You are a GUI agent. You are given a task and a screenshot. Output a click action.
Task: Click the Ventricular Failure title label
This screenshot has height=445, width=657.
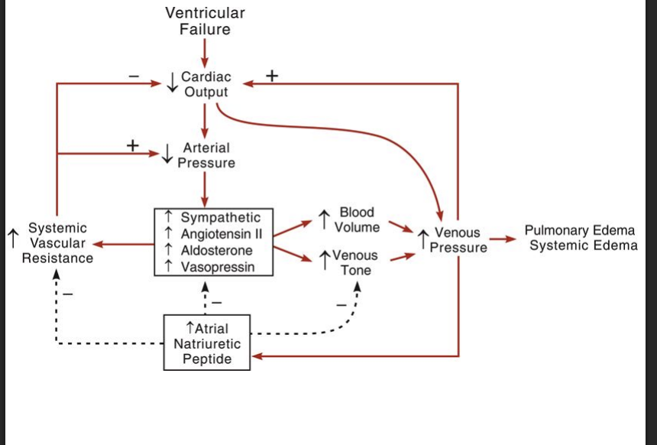pyautogui.click(x=206, y=21)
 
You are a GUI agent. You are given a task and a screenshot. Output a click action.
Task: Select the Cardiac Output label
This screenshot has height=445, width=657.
pyautogui.click(x=206, y=84)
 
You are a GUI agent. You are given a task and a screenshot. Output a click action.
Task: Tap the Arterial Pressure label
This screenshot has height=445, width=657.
pyautogui.click(x=206, y=155)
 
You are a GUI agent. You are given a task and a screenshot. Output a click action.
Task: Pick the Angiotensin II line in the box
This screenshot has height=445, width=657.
pyautogui.click(x=221, y=234)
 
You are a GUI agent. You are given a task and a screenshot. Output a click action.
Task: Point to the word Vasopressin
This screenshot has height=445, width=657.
pyautogui.click(x=217, y=266)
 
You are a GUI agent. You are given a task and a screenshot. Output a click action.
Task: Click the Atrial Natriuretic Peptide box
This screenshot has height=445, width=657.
pyautogui.click(x=207, y=343)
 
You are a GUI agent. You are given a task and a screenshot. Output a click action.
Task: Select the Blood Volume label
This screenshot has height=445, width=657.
pyautogui.click(x=357, y=219)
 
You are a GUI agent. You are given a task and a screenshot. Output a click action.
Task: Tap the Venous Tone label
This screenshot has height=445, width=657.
pyautogui.click(x=355, y=262)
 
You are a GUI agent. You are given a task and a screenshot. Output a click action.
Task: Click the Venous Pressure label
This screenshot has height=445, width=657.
pyautogui.click(x=457, y=240)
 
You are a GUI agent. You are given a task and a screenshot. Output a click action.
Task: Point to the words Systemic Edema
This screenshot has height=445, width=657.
pyautogui.click(x=583, y=245)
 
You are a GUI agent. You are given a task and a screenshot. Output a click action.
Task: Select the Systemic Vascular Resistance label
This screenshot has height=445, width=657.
pyautogui.click(x=57, y=242)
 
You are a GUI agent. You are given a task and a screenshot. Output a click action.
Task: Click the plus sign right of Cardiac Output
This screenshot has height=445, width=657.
pyautogui.click(x=271, y=76)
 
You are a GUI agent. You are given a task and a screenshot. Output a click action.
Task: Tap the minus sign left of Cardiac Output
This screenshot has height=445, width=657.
pyautogui.click(x=134, y=76)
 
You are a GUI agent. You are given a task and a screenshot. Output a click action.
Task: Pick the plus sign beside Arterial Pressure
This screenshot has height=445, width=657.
pyautogui.click(x=134, y=145)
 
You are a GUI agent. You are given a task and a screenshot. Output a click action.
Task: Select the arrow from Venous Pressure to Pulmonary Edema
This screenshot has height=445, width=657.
pyautogui.click(x=503, y=239)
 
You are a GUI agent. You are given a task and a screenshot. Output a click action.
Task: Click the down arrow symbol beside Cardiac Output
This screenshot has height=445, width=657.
pyautogui.click(x=173, y=83)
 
